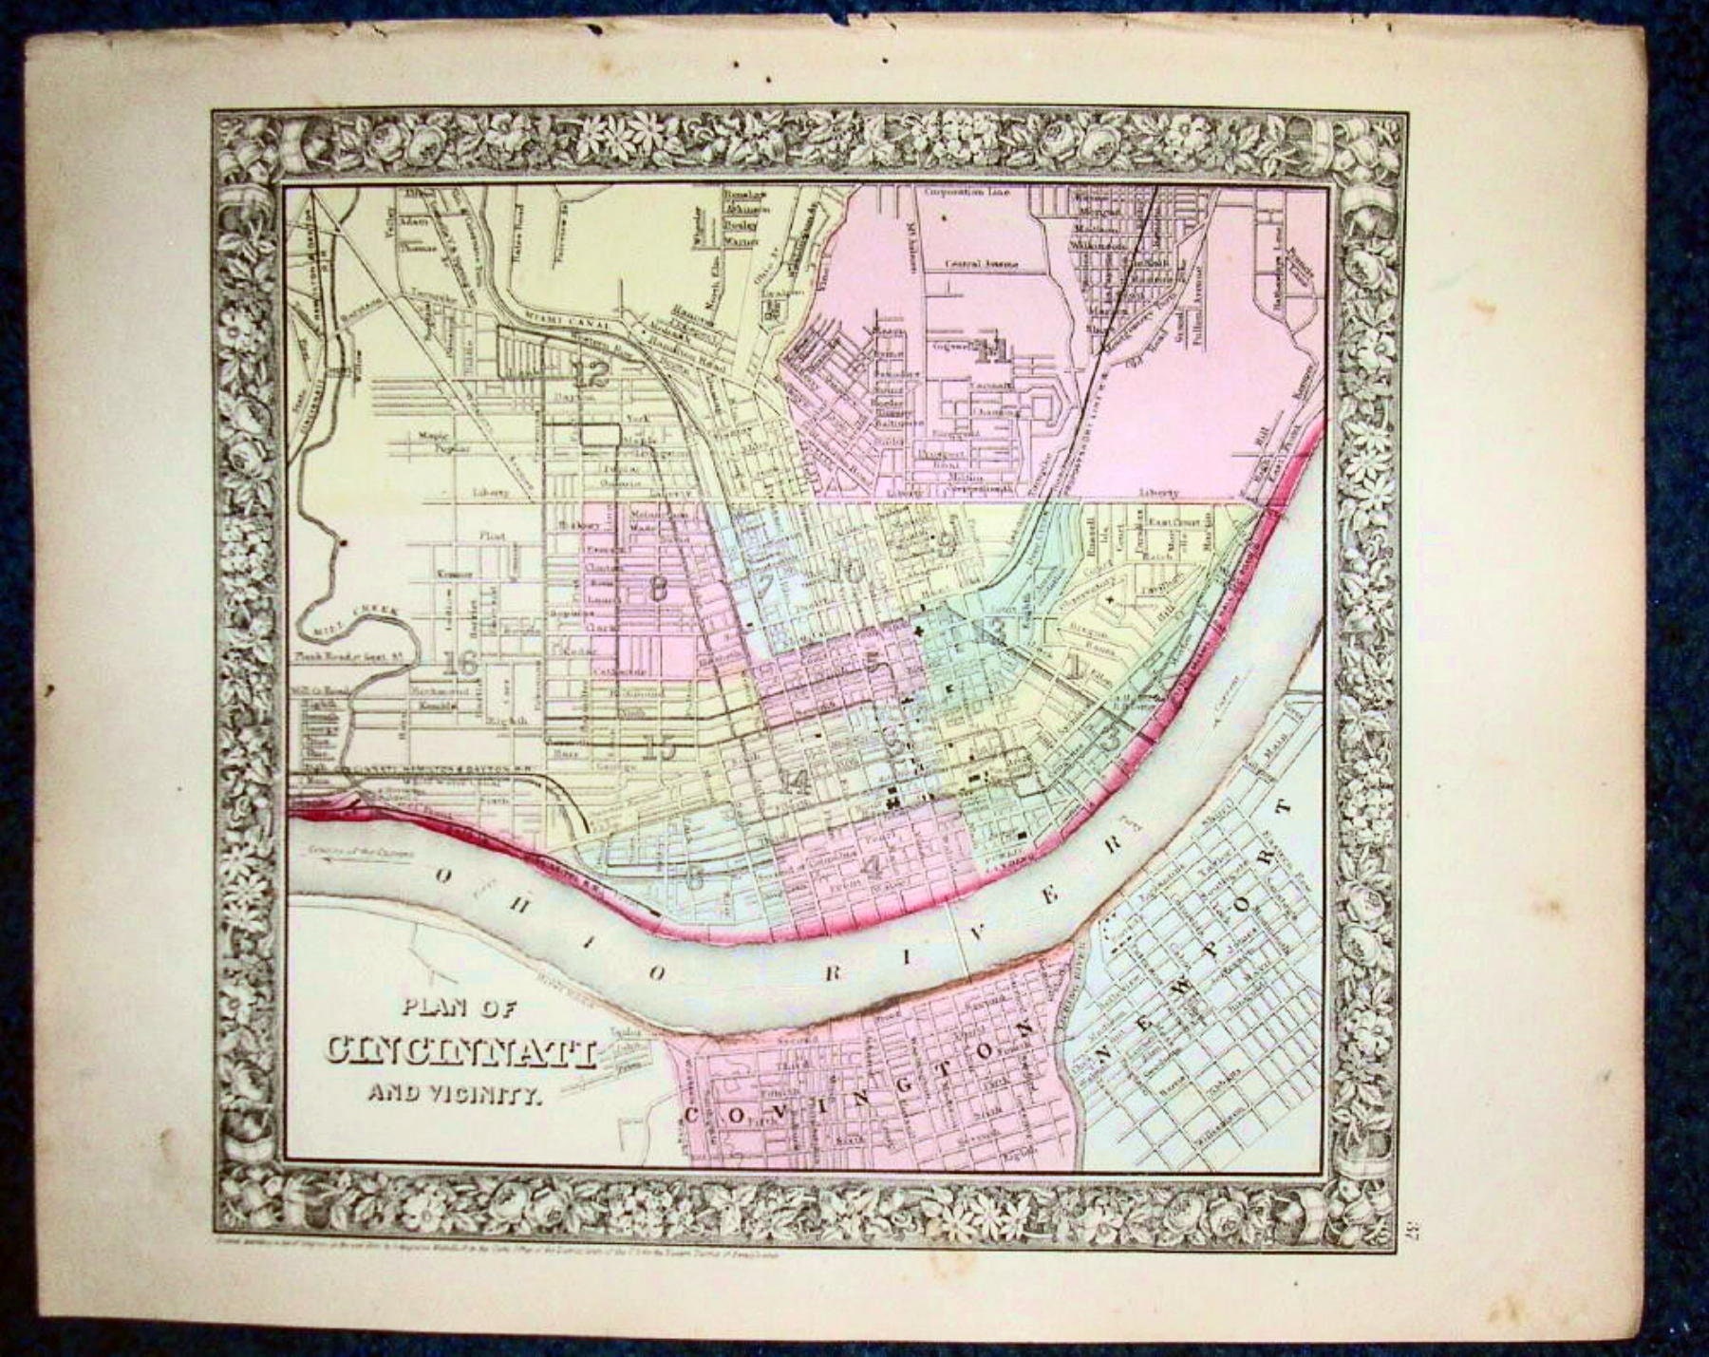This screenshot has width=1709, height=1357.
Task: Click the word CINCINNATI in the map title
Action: tap(460, 1053)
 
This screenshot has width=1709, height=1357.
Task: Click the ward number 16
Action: tap(464, 664)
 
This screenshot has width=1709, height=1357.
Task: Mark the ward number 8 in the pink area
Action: tap(655, 590)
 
